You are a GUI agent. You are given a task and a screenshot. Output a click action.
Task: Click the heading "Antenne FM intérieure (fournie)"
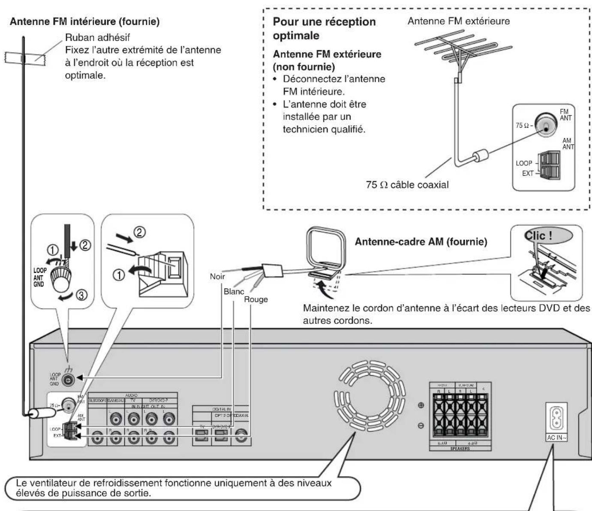pos(84,22)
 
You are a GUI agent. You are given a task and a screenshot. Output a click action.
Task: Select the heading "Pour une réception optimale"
pos(324,28)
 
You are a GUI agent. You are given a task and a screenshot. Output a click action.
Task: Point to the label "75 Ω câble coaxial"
pos(407,185)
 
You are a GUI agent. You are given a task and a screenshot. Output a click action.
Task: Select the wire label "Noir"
pos(217,276)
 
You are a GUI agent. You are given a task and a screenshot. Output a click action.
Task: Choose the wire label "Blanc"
pos(234,292)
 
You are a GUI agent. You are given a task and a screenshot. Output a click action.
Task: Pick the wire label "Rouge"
pos(255,299)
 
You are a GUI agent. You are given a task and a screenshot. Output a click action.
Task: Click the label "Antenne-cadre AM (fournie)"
pos(421,242)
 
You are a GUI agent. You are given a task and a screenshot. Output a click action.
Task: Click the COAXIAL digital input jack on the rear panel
pos(240,436)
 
